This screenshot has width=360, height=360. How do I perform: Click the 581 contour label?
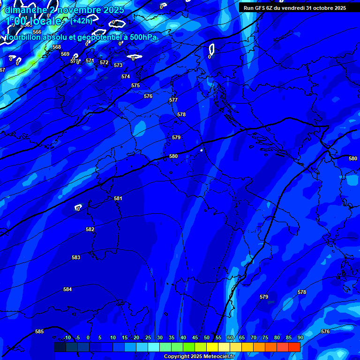pyautogui.click(x=118, y=198)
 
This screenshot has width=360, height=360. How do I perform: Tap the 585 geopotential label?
pyautogui.click(x=39, y=331)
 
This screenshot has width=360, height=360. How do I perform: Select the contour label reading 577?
pyautogui.click(x=173, y=100)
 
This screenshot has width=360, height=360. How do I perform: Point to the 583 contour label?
pyautogui.click(x=76, y=257)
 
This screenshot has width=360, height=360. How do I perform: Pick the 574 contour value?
pyautogui.click(x=126, y=76)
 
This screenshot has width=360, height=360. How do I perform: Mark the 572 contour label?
pyautogui.click(x=104, y=62)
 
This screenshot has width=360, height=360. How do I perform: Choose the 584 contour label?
pyautogui.click(x=67, y=289)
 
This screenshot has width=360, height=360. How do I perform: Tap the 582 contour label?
pyautogui.click(x=90, y=229)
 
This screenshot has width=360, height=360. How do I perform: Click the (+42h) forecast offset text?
pyautogui.click(x=81, y=21)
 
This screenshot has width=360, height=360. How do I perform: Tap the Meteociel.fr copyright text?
pyautogui.click(x=199, y=356)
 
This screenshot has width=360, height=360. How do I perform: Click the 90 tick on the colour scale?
pyautogui.click(x=300, y=337)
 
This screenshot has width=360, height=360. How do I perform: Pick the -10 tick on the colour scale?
pyautogui.click(x=67, y=337)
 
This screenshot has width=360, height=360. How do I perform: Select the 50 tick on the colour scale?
pyautogui.click(x=206, y=337)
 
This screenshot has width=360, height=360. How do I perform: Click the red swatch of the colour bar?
pyautogui.click(x=294, y=347)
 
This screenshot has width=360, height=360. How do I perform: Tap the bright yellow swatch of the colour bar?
pyautogui.click(x=212, y=347)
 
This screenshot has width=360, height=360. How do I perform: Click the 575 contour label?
pyautogui.click(x=135, y=85)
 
